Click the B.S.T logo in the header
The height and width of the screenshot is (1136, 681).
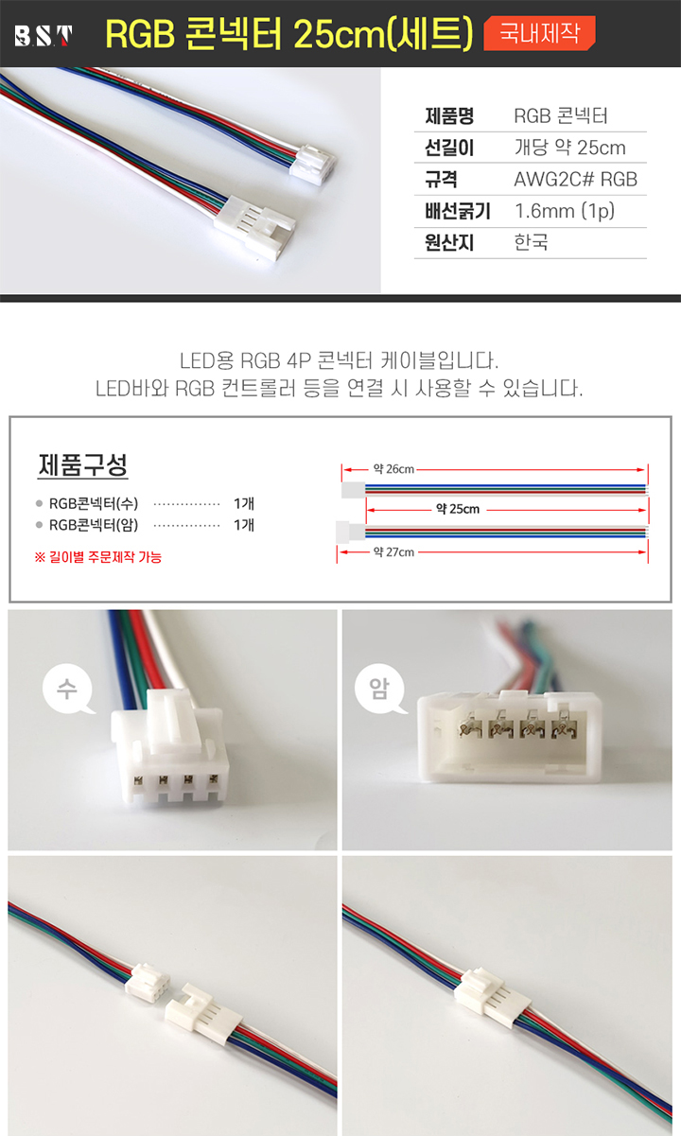pos(44,36)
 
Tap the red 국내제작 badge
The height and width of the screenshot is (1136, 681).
pos(539,33)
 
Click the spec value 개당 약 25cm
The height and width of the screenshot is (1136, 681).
pos(570,148)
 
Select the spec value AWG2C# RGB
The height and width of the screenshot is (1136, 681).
pos(575,179)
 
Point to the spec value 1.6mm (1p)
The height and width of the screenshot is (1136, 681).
pos(565,211)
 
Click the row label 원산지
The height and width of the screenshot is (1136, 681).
pos(449,242)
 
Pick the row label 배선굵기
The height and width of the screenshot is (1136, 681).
pos(458,211)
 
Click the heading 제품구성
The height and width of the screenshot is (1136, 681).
pos(82,464)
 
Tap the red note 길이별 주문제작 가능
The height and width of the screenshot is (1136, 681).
pos(97,557)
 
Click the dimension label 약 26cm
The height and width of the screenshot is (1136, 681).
pos(394,469)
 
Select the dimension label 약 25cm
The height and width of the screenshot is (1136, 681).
pos(458,509)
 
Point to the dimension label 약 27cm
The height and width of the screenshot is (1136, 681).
pos(394,551)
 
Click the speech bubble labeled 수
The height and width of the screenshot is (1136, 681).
pos(67,689)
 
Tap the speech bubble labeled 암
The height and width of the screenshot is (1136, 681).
pos(380,689)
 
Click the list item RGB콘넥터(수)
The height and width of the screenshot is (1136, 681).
pos(94,503)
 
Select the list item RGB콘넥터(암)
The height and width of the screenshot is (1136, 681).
pos(94,525)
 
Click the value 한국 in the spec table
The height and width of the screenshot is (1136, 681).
pos(531,242)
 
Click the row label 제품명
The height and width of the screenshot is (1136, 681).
pos(449,115)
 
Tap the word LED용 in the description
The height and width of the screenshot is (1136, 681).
pos(206,360)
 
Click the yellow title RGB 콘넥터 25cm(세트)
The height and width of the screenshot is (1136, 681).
pos(289,34)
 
